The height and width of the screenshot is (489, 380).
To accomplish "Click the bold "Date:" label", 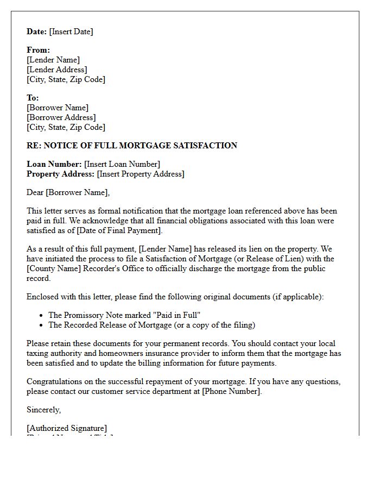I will pyautogui.click(x=36, y=32).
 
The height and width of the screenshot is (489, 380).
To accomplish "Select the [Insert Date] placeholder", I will pyautogui.click(x=71, y=32).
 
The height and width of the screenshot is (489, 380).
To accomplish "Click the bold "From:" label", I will pyautogui.click(x=38, y=50).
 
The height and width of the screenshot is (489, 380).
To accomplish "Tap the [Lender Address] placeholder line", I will pyautogui.click(x=56, y=70).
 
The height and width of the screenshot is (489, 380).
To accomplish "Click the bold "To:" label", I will pyautogui.click(x=33, y=98).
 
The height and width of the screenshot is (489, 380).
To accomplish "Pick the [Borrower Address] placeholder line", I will pyautogui.click(x=61, y=117).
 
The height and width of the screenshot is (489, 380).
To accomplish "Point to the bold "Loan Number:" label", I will pyautogui.click(x=54, y=164).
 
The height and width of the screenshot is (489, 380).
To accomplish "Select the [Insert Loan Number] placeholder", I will pyautogui.click(x=122, y=164).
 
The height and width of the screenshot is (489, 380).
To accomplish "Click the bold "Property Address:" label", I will pyautogui.click(x=60, y=174).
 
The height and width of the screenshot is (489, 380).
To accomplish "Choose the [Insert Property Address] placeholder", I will pyautogui.click(x=141, y=174).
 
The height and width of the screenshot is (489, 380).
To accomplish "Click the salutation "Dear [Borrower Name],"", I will pyautogui.click(x=68, y=192).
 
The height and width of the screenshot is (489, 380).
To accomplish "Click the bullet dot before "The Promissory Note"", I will pyautogui.click(x=42, y=315).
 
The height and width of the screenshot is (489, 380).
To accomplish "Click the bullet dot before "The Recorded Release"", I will pyautogui.click(x=42, y=325).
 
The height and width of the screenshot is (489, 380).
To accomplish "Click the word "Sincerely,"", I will pyautogui.click(x=43, y=410).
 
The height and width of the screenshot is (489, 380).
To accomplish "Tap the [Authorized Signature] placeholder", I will pyautogui.click(x=67, y=428).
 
